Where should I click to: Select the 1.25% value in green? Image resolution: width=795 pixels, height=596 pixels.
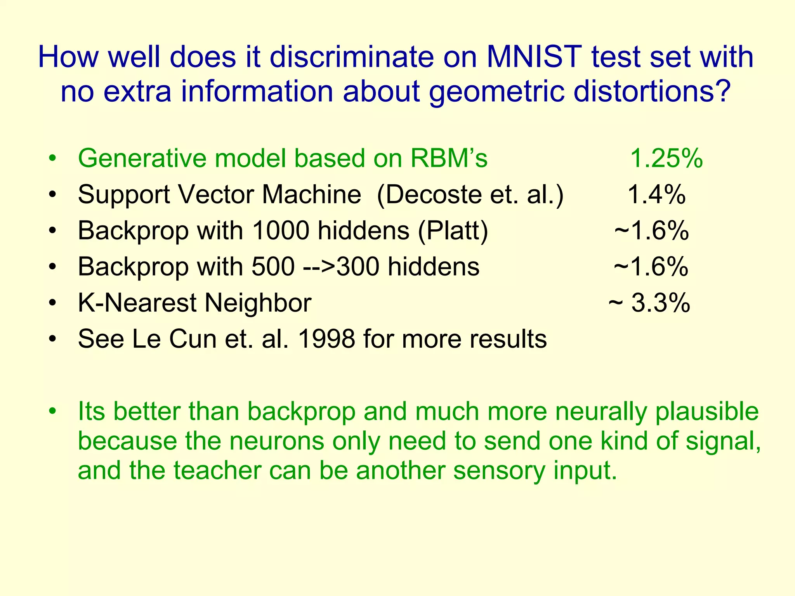coord(666,158)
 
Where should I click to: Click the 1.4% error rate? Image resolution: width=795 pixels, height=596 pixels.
coord(656,194)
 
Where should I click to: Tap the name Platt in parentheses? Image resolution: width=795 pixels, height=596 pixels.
coord(453,230)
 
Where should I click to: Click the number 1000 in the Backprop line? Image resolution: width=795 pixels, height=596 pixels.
coord(280,230)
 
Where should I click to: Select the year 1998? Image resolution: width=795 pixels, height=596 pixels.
coord(326,339)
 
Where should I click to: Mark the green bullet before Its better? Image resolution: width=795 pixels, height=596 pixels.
coord(53,411)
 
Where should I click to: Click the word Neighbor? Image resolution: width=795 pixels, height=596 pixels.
coord(258,303)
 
